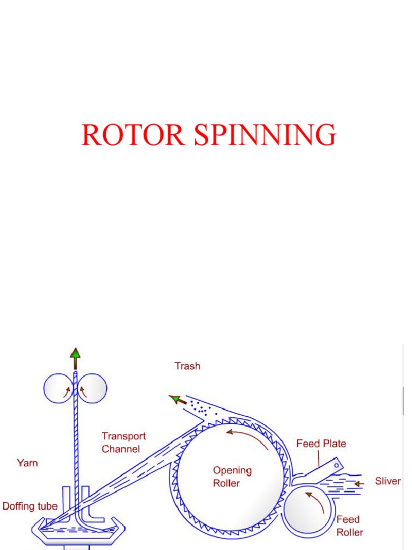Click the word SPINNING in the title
click(x=265, y=135)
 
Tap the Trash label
click(x=187, y=366)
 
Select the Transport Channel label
click(x=123, y=443)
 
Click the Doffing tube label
click(x=30, y=506)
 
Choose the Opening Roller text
click(x=232, y=476)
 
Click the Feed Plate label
click(x=321, y=443)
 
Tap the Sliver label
click(x=387, y=481)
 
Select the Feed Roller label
click(x=349, y=526)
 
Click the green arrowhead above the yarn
click(x=75, y=353)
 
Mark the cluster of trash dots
click(x=200, y=407)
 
